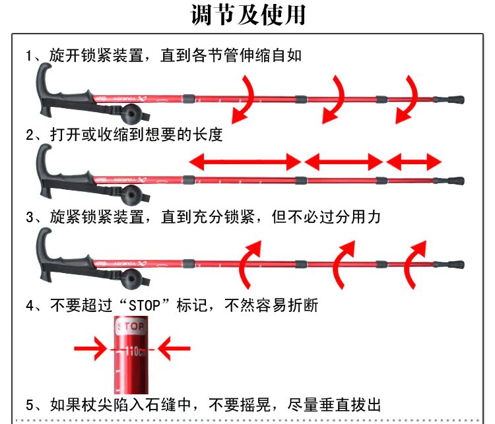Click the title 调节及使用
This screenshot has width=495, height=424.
247,15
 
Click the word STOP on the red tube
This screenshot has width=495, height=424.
130,326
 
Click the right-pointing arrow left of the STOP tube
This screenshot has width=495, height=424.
90,347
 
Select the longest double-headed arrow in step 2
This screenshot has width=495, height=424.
245,160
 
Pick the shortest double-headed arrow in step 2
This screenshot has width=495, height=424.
414,160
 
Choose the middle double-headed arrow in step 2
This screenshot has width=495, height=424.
343,160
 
